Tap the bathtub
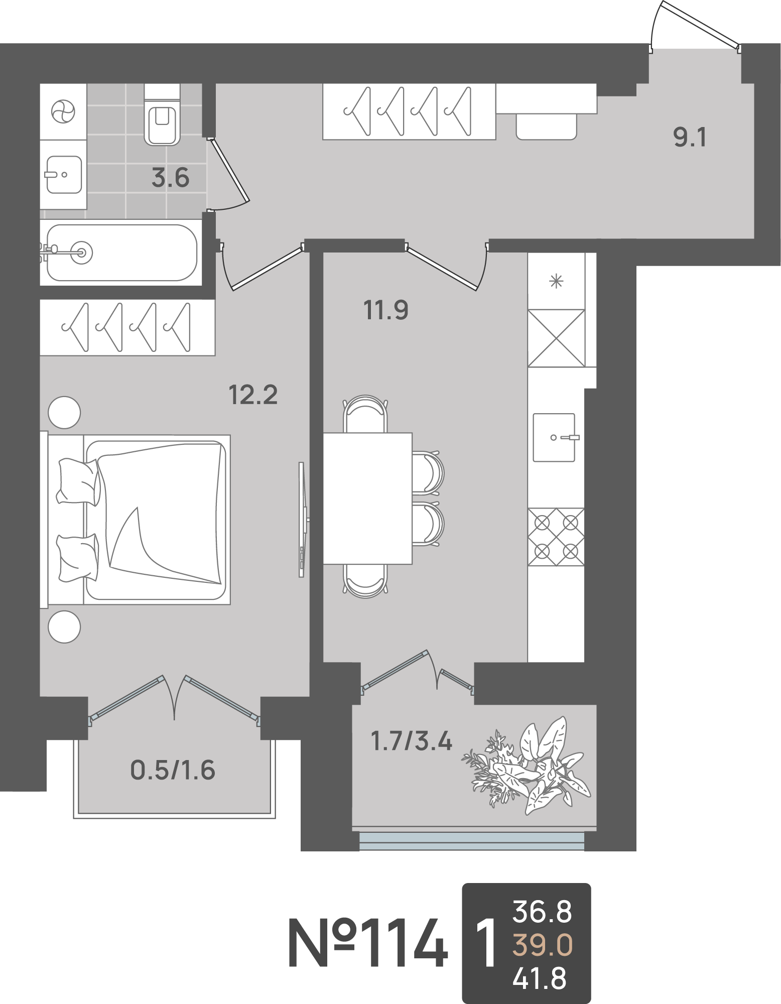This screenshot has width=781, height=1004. pos(121,253)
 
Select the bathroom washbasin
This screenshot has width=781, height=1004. pos(64,175)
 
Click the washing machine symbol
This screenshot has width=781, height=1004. pos(63,111)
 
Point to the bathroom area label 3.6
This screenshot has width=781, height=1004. pos(170,178)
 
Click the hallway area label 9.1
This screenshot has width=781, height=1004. pos(690,137)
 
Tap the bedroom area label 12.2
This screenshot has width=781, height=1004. pos(253,395)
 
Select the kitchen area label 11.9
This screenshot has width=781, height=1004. pos(385,310)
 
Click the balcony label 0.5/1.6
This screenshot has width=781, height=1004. pos(173,771)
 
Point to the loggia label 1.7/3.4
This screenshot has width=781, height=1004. pos(412,741)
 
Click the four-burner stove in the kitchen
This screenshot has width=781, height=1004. pos(556,537)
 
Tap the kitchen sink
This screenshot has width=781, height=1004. pos(554,437)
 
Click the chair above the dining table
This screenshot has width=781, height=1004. pos(365,414)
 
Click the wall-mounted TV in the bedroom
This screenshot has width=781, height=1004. pos(302,520)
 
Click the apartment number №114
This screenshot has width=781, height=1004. pos(368,944)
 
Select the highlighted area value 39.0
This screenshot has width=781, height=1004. pos(542,945)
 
